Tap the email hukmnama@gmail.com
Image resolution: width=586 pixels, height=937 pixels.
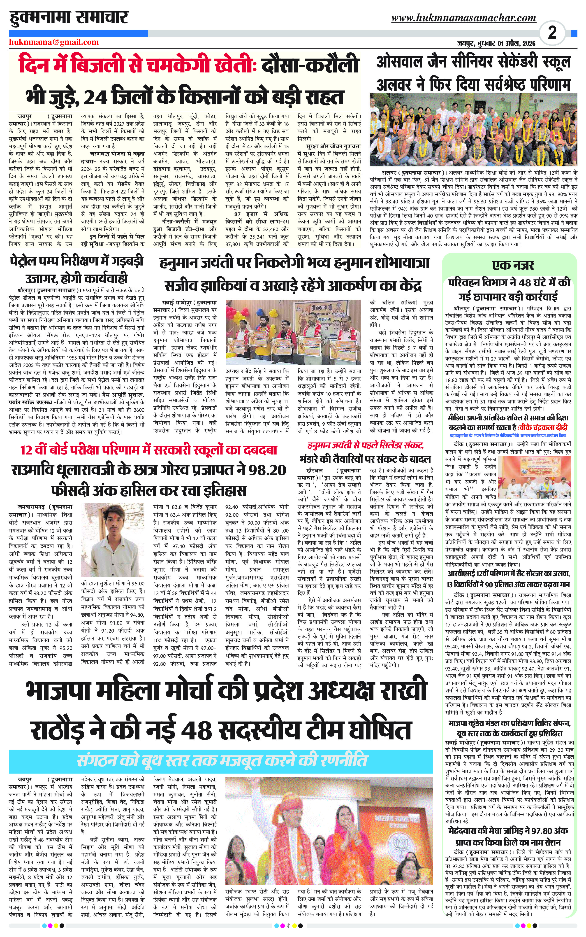click(54, 42)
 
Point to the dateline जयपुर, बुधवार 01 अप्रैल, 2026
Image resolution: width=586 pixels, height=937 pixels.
click(496, 43)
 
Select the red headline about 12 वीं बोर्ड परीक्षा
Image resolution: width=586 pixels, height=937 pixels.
click(149, 450)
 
